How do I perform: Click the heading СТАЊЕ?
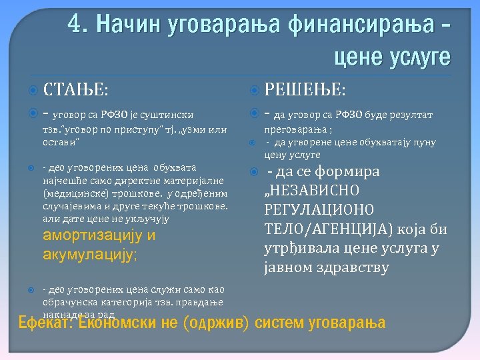point(75,88)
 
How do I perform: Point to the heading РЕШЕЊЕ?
point(305,88)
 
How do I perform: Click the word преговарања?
point(297,130)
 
